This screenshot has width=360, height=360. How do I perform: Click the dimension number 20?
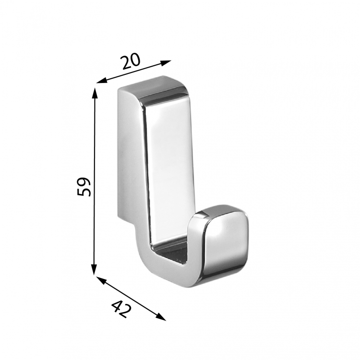[x=131, y=61]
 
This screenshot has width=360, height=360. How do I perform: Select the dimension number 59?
[x=84, y=186]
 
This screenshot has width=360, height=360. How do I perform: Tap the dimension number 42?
[x=121, y=310]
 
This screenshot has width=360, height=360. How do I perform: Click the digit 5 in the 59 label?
[x=84, y=192]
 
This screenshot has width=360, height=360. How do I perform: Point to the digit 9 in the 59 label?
[x=84, y=181]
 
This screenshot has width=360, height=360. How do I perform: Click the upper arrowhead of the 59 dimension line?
[x=95, y=93]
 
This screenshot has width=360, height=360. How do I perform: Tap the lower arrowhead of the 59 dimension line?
[x=94, y=269]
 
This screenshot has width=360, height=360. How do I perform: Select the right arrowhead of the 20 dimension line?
[x=166, y=63]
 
